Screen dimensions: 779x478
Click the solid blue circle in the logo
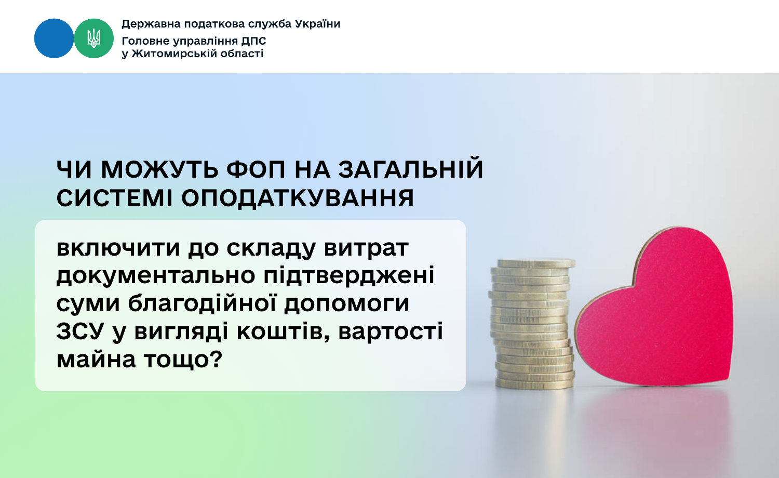[54, 38]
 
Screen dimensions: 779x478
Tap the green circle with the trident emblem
[94, 38]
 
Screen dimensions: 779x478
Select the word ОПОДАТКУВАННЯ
[298, 198]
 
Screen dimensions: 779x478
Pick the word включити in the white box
[118, 248]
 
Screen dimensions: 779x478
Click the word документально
[156, 275]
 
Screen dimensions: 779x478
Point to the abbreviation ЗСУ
[80, 331]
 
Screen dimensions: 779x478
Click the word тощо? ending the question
[183, 360]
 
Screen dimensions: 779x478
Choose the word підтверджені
[349, 275]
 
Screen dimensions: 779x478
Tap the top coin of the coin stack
[536, 264]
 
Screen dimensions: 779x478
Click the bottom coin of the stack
[534, 383]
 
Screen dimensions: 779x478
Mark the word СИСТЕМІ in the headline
[114, 198]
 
